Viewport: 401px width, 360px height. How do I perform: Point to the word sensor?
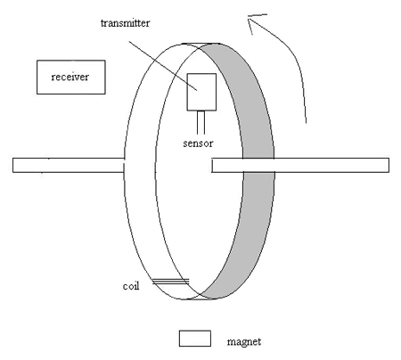click(197, 142)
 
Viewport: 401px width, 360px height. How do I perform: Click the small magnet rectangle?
click(195, 338)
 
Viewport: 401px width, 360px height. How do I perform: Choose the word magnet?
click(243, 341)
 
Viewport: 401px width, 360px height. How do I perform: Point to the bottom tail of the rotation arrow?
click(307, 118)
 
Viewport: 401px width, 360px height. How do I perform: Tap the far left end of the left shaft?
click(15, 164)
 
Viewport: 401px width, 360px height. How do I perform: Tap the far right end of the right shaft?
click(387, 164)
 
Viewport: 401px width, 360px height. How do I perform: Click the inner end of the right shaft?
click(215, 164)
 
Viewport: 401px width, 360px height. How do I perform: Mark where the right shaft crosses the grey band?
click(258, 164)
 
